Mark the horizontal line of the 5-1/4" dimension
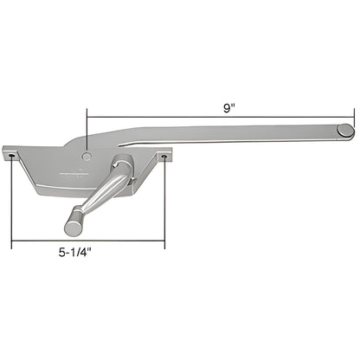(x=87, y=243)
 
